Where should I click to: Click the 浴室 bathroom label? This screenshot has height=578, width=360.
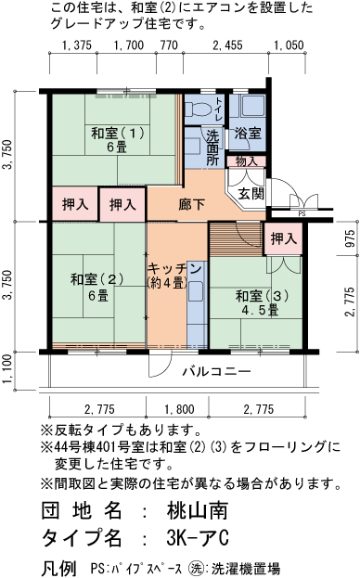click(x=246, y=133)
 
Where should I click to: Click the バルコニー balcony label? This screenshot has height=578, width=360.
click(x=215, y=371)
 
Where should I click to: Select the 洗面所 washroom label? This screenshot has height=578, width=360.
click(x=212, y=147)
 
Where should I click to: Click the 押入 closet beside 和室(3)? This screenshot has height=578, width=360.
click(x=283, y=238)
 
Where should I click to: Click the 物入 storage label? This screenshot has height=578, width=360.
click(x=246, y=161)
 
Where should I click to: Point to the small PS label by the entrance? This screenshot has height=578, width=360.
click(x=302, y=212)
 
